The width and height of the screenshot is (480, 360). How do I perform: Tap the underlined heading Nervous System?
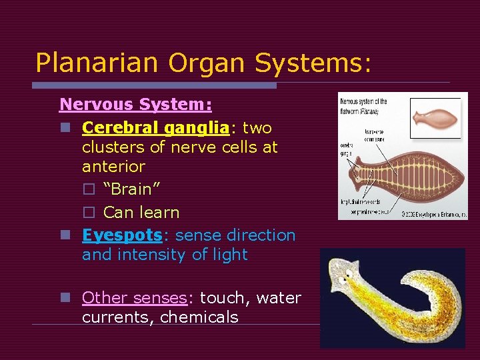pyautogui.click(x=136, y=105)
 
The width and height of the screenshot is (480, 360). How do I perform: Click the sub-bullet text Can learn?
pyautogui.click(x=141, y=213)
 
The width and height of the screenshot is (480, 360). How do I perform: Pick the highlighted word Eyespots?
pyautogui.click(x=122, y=235)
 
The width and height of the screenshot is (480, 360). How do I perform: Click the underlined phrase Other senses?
pyautogui.click(x=134, y=298)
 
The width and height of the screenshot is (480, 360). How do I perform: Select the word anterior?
pyautogui.click(x=113, y=166)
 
